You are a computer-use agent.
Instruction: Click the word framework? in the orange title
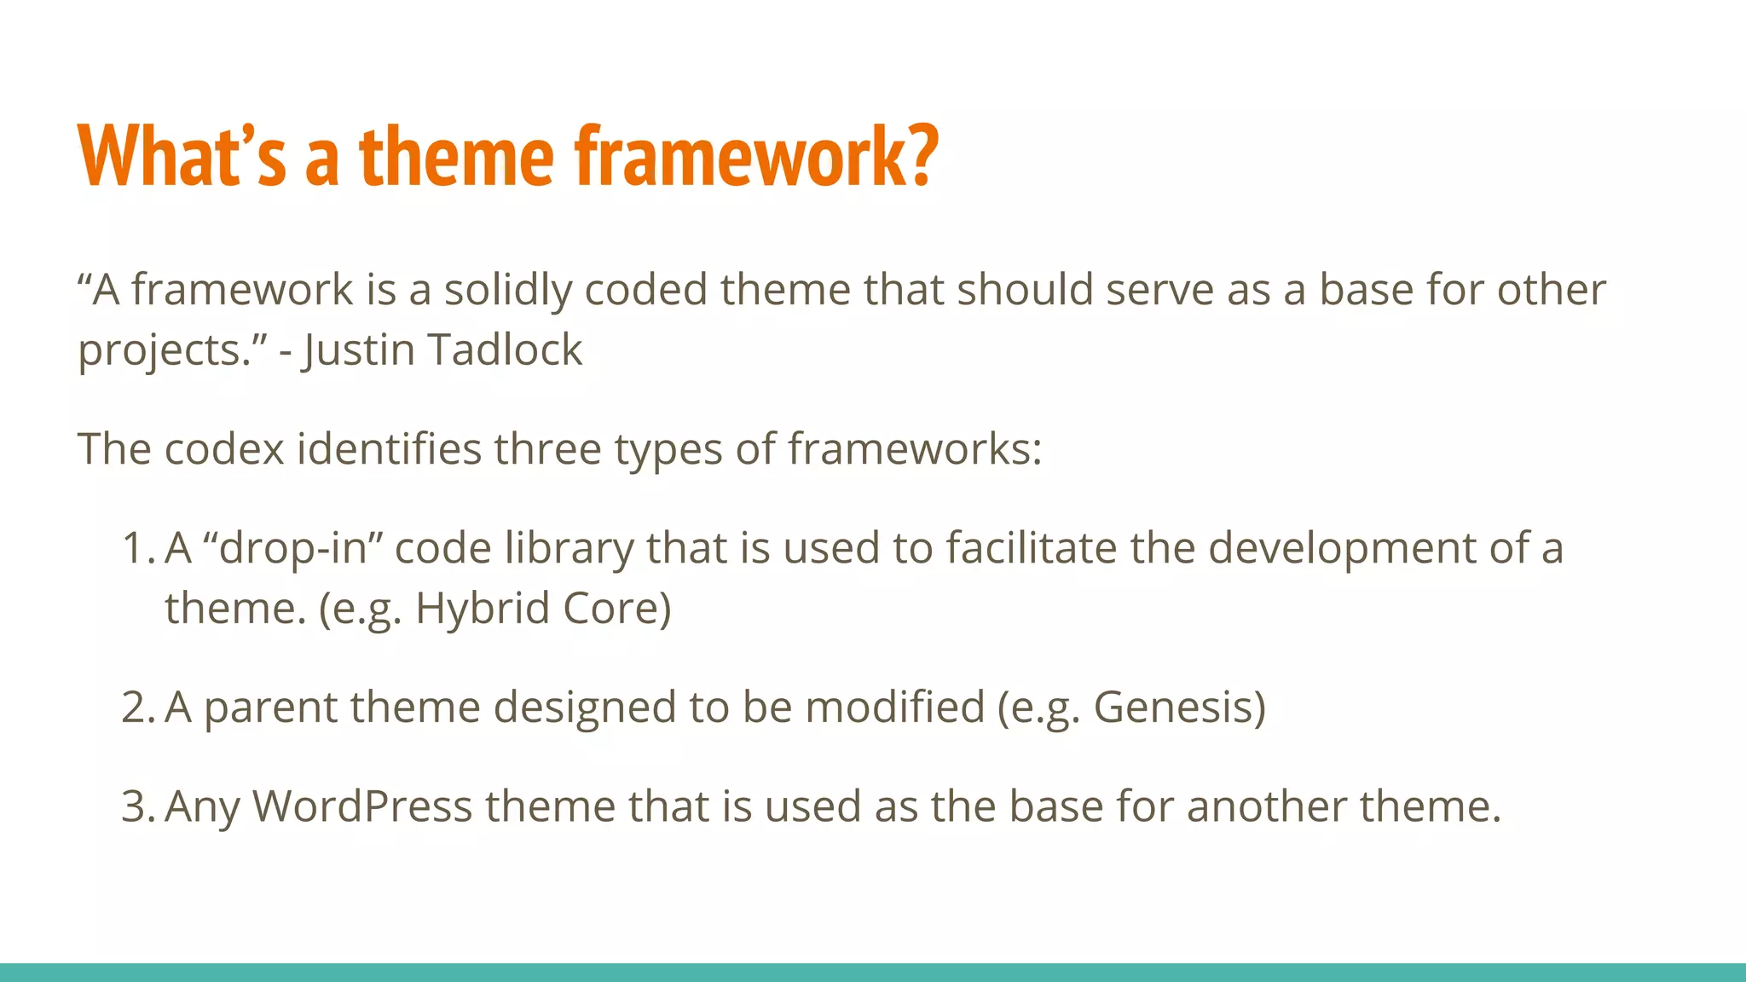click(x=756, y=156)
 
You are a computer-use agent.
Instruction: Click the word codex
click(x=224, y=448)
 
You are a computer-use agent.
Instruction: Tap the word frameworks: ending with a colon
click(x=914, y=448)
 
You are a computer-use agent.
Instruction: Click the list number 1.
click(x=136, y=548)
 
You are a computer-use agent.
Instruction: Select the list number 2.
click(x=136, y=708)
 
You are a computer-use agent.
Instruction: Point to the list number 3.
click(x=136, y=806)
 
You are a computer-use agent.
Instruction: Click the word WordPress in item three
click(x=362, y=806)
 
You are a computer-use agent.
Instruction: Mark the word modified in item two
click(x=894, y=708)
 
